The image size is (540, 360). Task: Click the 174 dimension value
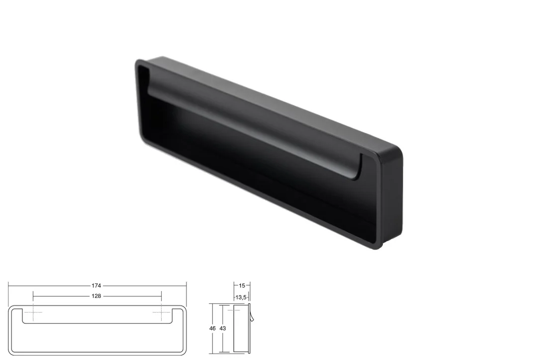96,285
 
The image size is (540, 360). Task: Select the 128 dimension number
96,296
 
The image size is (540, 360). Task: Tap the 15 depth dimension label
242,285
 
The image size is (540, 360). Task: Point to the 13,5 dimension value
241,297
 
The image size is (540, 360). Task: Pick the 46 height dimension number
212,328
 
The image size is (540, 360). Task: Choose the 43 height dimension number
223,328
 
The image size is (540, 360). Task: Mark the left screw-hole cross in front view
33,312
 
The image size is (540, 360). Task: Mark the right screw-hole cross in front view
161,312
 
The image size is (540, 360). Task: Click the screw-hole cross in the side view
234,310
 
